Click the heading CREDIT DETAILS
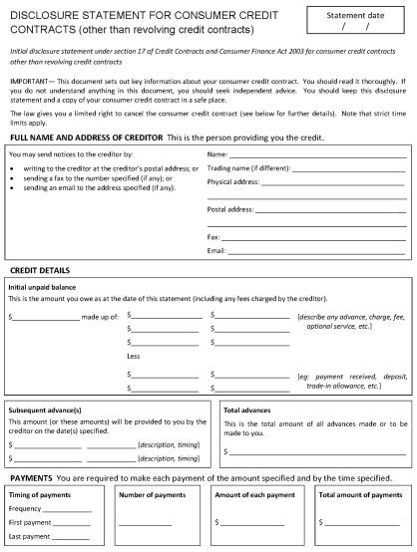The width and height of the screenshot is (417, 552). [39, 271]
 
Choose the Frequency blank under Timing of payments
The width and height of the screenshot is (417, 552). [70, 508]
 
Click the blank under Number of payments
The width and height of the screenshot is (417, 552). [146, 522]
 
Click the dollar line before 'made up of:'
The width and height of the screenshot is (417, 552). [45, 316]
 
